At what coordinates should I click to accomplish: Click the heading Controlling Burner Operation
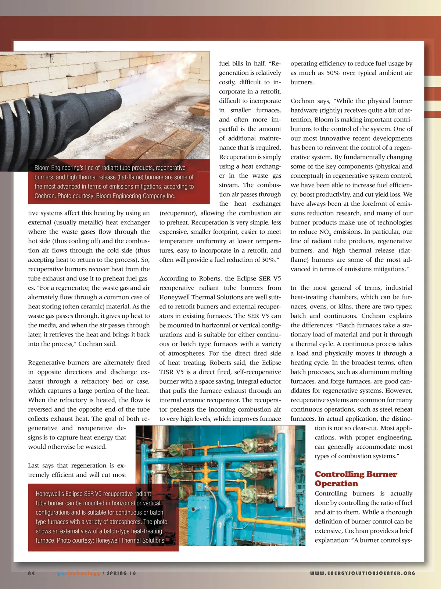(356, 479)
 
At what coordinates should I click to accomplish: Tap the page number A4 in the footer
(31, 573)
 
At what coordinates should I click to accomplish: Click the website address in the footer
(362, 573)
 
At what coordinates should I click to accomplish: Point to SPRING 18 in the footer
(121, 573)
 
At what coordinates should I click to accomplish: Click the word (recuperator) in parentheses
(178, 213)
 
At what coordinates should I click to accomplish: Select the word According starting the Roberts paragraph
(173, 279)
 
